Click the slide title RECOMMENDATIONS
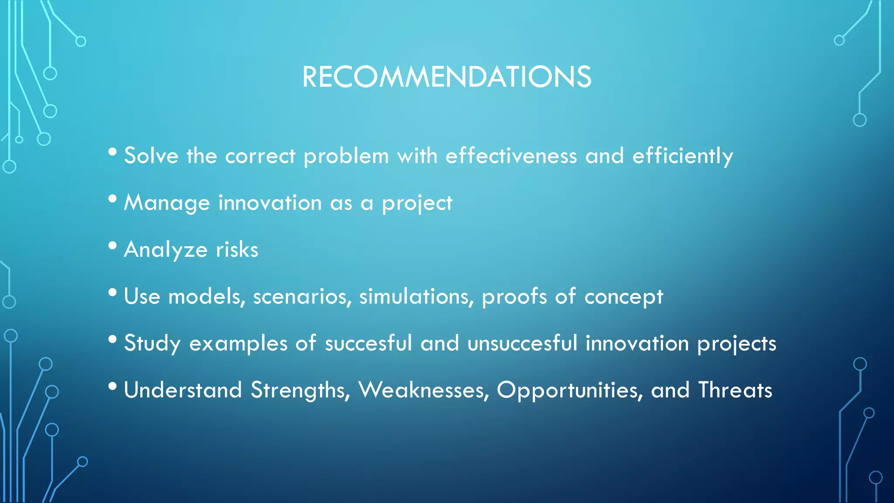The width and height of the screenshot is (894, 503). tap(447, 77)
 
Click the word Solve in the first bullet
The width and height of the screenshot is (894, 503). tap(151, 156)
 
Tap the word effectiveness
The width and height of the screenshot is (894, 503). tap(511, 156)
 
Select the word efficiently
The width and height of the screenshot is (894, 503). tap(682, 156)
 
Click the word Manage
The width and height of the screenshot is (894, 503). tap(167, 203)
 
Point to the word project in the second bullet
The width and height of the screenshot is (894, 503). tap(417, 203)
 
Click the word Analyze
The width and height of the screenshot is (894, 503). tap(165, 250)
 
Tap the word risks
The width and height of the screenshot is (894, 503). tap(237, 250)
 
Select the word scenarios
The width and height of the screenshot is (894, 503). tap(302, 296)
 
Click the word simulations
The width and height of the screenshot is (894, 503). tap(416, 296)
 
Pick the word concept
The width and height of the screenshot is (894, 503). tap(623, 296)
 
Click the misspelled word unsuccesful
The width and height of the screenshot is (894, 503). tap(523, 343)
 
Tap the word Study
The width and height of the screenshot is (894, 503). tap(152, 343)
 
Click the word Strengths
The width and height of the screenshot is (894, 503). tap(300, 390)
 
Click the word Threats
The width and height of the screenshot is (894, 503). tap(735, 390)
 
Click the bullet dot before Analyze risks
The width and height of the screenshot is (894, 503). tap(113, 245)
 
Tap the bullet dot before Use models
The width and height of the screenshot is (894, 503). tap(113, 292)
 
